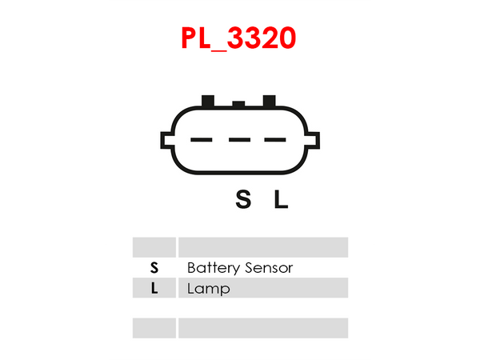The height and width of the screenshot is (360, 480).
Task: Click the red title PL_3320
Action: [238, 38]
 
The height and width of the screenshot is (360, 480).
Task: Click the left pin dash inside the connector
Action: [201, 140]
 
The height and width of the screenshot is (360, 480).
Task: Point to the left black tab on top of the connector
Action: [208, 101]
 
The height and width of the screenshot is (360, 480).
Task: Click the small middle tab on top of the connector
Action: [238, 103]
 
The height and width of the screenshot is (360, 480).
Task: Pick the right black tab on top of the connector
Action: [269, 101]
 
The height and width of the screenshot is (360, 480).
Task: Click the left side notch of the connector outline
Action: [166, 141]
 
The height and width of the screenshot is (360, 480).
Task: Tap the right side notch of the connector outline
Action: [314, 141]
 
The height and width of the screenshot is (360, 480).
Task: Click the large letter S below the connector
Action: [243, 199]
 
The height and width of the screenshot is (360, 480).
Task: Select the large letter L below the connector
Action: [281, 199]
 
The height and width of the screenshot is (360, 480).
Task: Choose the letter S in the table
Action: [154, 268]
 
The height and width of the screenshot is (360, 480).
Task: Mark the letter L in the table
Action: [154, 289]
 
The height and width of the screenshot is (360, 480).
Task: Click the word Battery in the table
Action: [212, 268]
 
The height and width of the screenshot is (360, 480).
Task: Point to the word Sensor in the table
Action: [267, 268]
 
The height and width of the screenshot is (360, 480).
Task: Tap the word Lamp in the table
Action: [208, 289]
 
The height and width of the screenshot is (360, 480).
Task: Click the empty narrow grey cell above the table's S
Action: [154, 246]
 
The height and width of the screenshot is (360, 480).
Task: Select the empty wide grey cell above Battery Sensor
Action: [263, 246]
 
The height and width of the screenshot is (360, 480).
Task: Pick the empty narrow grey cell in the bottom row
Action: [154, 328]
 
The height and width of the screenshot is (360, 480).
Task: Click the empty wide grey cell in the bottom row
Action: [263, 328]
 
